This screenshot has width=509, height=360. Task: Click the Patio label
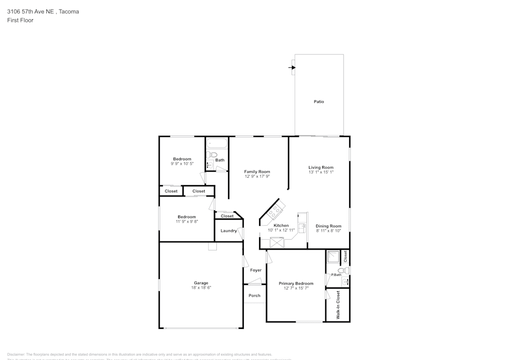[319, 102]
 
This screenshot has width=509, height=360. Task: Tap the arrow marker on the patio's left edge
[292, 67]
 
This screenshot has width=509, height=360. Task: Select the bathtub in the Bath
[216, 144]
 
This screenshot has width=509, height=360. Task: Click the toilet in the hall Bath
[213, 155]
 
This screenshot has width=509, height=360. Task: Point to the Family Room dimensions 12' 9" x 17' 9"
[257, 177]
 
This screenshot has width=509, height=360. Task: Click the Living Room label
[321, 167]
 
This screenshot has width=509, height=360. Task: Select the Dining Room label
[328, 226]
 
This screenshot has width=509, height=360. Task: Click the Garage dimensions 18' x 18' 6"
[201, 288]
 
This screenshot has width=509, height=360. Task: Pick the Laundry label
[229, 231]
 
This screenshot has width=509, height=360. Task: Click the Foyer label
[256, 270]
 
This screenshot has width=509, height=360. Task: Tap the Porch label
[254, 295]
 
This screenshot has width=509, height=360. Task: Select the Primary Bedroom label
[296, 284]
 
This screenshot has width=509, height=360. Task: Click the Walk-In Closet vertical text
[337, 305]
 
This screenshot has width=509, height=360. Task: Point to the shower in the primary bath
[333, 257]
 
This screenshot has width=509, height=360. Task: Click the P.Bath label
[336, 275]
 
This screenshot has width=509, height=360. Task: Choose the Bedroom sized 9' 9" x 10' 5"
[182, 159]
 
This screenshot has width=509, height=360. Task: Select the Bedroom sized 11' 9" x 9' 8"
[186, 217]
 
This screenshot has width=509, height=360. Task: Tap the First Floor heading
[20, 20]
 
